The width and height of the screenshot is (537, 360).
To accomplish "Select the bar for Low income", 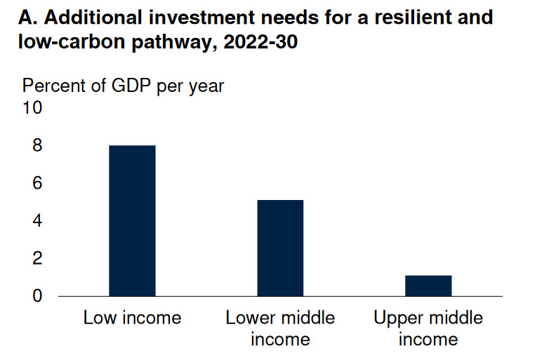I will [x=132, y=220].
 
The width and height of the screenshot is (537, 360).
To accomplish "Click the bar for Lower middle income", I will [x=280, y=248].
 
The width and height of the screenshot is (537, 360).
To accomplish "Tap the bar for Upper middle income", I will [x=428, y=285].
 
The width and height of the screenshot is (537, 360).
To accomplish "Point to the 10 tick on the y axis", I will [x=33, y=108].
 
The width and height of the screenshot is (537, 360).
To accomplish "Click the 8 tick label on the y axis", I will [x=37, y=146].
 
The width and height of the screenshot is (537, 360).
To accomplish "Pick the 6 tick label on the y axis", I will [x=37, y=183].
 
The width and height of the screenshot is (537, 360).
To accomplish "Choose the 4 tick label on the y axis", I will [x=37, y=221].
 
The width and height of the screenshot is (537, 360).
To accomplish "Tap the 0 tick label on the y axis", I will [x=37, y=296].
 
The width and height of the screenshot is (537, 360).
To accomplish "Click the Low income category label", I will [x=132, y=318].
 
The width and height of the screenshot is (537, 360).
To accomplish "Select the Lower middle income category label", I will [x=280, y=328].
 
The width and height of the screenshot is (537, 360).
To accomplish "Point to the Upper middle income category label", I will [x=428, y=328].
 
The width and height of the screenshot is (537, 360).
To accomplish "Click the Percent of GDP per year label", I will [x=124, y=86].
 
